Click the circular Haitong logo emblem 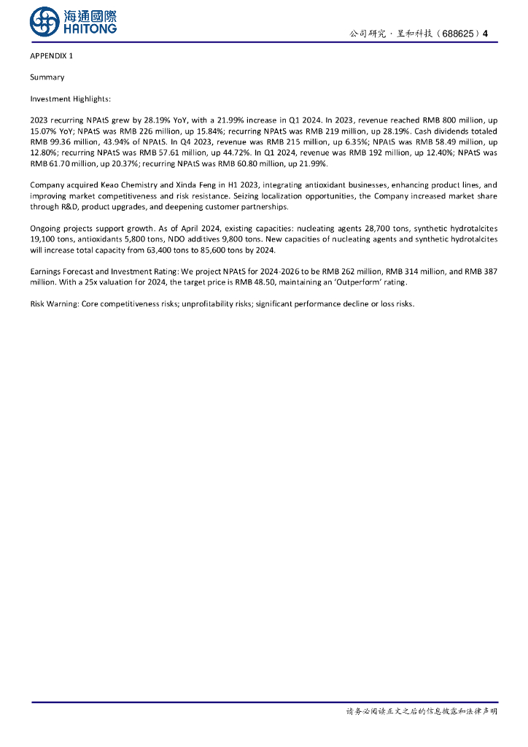[x=44, y=21]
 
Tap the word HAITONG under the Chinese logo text [x=90, y=29]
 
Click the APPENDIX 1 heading [x=51, y=56]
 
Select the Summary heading [x=47, y=77]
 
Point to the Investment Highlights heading [x=70, y=98]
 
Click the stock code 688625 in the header [x=460, y=34]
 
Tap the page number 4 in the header [x=486, y=34]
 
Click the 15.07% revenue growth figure [x=42, y=131]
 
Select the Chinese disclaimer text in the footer [x=421, y=711]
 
